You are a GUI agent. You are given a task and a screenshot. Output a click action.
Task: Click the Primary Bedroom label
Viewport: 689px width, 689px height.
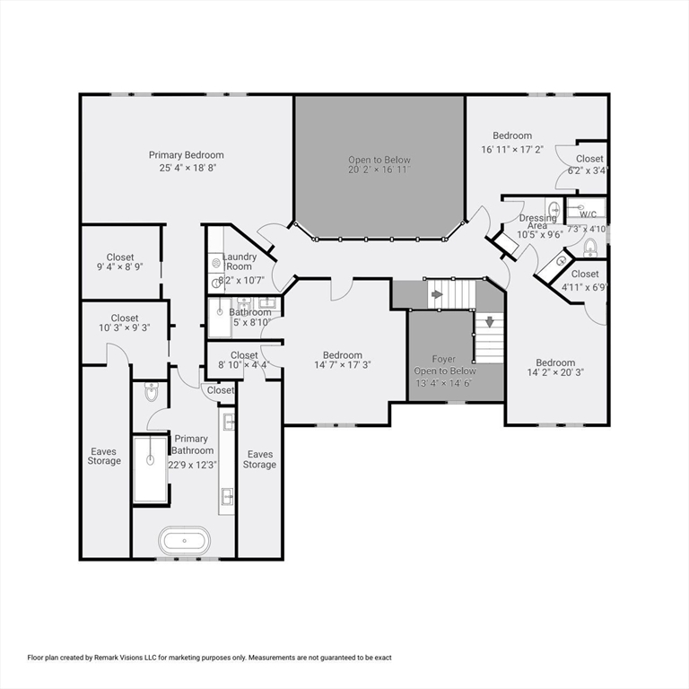[x=186, y=155]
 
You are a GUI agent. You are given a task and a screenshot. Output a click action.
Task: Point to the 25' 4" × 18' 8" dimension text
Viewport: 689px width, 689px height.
[x=188, y=168]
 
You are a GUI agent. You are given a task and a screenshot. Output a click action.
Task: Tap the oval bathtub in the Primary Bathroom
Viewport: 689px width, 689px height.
[x=185, y=541]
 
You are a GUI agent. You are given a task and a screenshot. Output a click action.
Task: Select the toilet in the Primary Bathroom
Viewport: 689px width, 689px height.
[x=151, y=392]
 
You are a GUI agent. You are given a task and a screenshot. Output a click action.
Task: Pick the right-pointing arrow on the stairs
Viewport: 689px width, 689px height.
[x=436, y=293]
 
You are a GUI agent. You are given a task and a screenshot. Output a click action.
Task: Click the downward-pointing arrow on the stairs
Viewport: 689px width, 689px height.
[x=490, y=321]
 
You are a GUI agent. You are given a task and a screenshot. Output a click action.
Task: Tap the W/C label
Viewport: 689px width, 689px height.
[x=588, y=214]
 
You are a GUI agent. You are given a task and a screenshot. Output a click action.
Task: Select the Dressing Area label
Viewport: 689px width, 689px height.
[x=537, y=221]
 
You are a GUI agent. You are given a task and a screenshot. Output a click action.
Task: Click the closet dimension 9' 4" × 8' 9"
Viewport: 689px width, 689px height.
[x=120, y=267]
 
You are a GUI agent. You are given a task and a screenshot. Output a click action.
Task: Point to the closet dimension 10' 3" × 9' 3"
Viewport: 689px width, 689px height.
[x=124, y=328]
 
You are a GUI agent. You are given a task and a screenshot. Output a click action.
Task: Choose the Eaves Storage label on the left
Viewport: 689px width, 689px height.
[x=104, y=456]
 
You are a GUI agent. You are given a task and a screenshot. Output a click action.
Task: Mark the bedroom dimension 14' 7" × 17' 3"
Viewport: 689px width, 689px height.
[x=343, y=365]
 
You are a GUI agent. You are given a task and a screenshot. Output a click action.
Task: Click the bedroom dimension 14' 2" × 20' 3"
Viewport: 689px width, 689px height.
[x=555, y=373]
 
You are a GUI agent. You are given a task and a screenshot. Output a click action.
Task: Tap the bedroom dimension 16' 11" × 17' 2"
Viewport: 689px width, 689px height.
[x=512, y=149]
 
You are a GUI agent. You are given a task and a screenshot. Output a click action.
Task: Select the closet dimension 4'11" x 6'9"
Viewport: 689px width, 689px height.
[x=584, y=287]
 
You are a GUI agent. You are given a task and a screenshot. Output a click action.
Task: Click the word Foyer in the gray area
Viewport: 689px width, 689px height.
[x=444, y=359]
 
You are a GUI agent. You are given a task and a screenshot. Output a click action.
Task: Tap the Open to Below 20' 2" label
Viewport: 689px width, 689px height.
[x=379, y=164]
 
